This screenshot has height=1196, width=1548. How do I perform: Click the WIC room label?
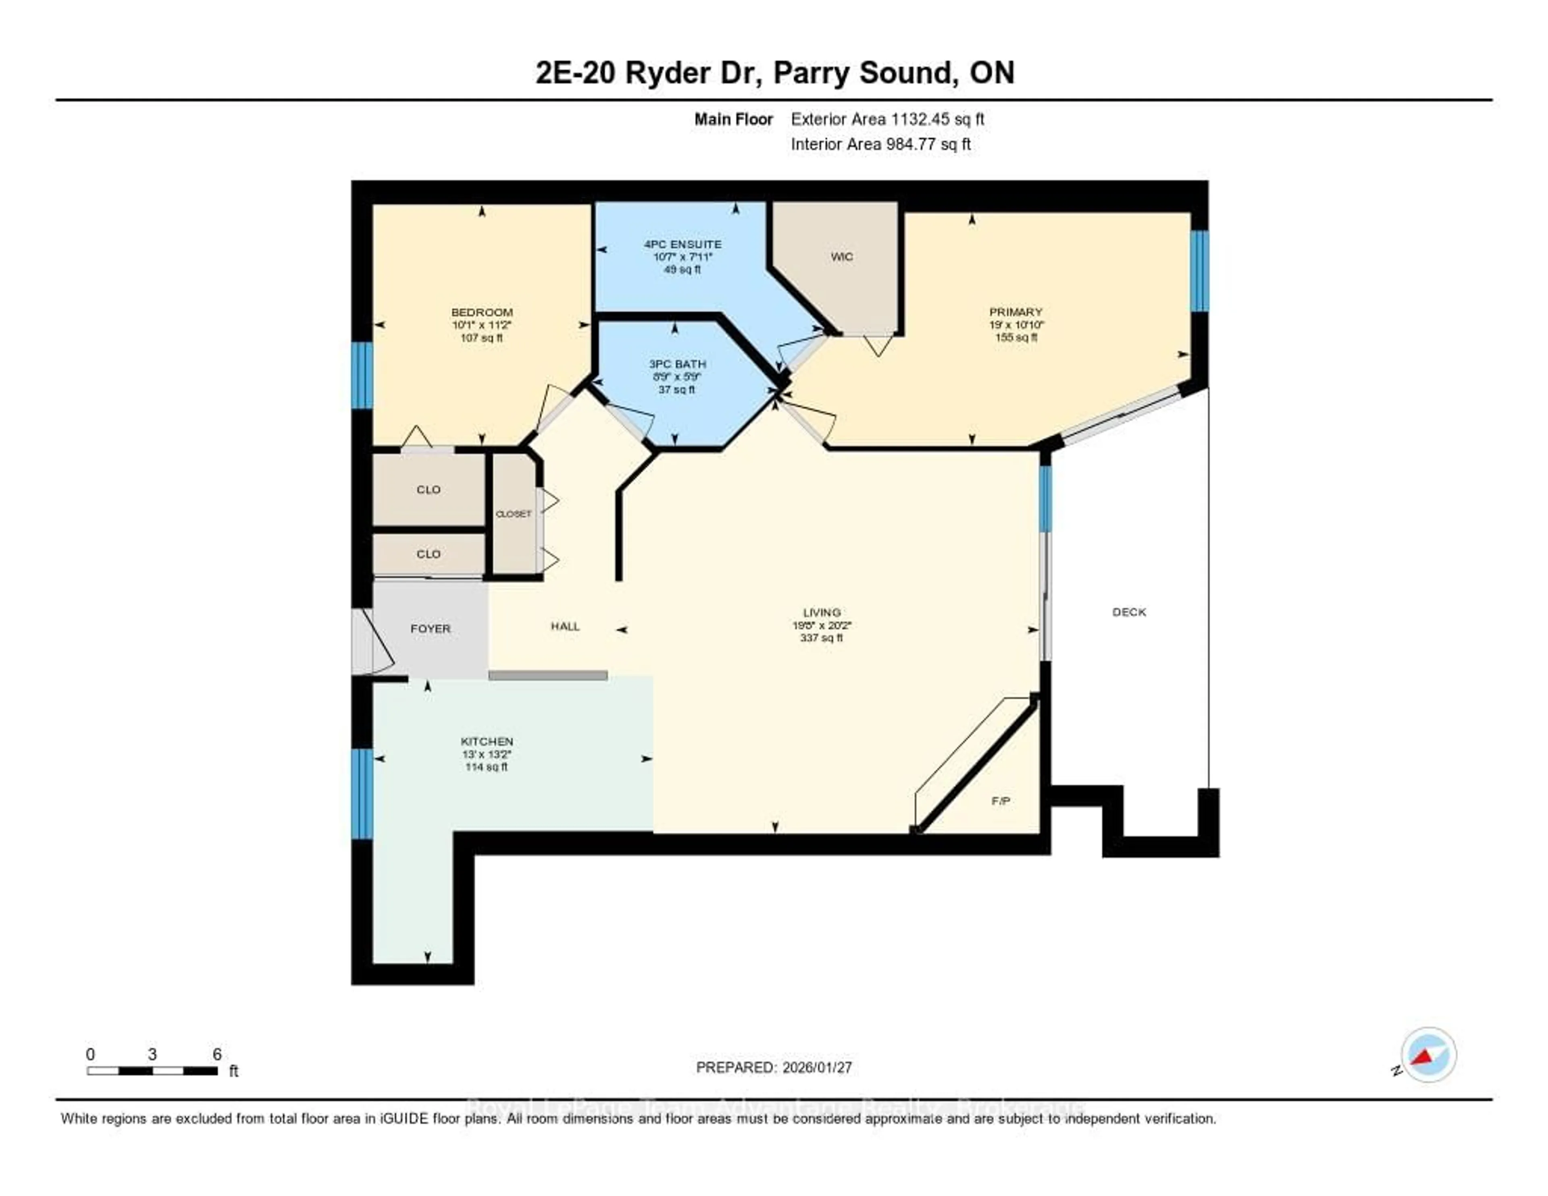[841, 256]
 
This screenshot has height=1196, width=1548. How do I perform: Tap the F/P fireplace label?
[1000, 801]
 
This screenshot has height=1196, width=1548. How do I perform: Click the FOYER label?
[430, 629]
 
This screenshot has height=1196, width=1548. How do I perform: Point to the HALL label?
[565, 626]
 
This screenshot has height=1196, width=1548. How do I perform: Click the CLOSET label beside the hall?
[513, 514]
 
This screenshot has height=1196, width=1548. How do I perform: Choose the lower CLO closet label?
[428, 554]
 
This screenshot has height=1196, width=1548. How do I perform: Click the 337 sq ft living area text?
[822, 638]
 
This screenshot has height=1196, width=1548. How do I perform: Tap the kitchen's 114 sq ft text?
[486, 767]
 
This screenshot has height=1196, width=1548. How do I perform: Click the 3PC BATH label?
[677, 364]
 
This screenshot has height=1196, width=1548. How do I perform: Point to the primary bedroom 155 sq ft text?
[1016, 338]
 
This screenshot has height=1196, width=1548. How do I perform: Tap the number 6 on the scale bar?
[217, 1054]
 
